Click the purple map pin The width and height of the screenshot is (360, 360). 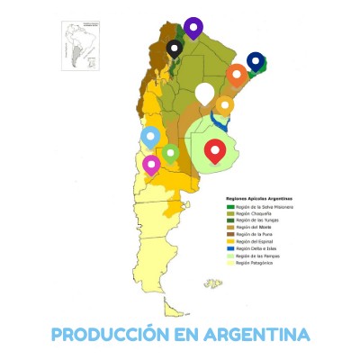(x=193, y=27)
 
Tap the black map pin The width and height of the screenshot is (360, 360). (x=175, y=48)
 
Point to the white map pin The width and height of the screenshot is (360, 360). (x=205, y=92)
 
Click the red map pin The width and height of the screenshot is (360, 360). (x=214, y=151)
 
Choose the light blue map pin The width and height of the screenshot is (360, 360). (x=151, y=137)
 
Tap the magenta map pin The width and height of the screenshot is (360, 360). (x=151, y=164)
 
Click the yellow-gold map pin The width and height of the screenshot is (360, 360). (x=224, y=105)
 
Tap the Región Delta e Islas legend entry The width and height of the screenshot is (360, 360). (x=256, y=248)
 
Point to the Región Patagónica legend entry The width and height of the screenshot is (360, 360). (x=256, y=263)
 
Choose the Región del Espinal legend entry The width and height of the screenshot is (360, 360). (x=256, y=241)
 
